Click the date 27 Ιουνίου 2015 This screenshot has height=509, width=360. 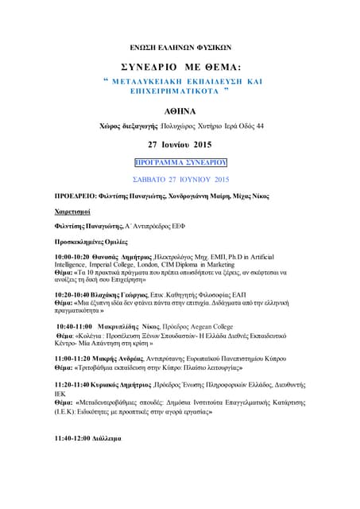pos(180,145)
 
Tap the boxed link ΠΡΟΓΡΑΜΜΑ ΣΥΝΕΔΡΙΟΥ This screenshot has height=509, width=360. pos(180,161)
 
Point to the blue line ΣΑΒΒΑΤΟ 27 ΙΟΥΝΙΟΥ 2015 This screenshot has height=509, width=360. pos(180,179)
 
